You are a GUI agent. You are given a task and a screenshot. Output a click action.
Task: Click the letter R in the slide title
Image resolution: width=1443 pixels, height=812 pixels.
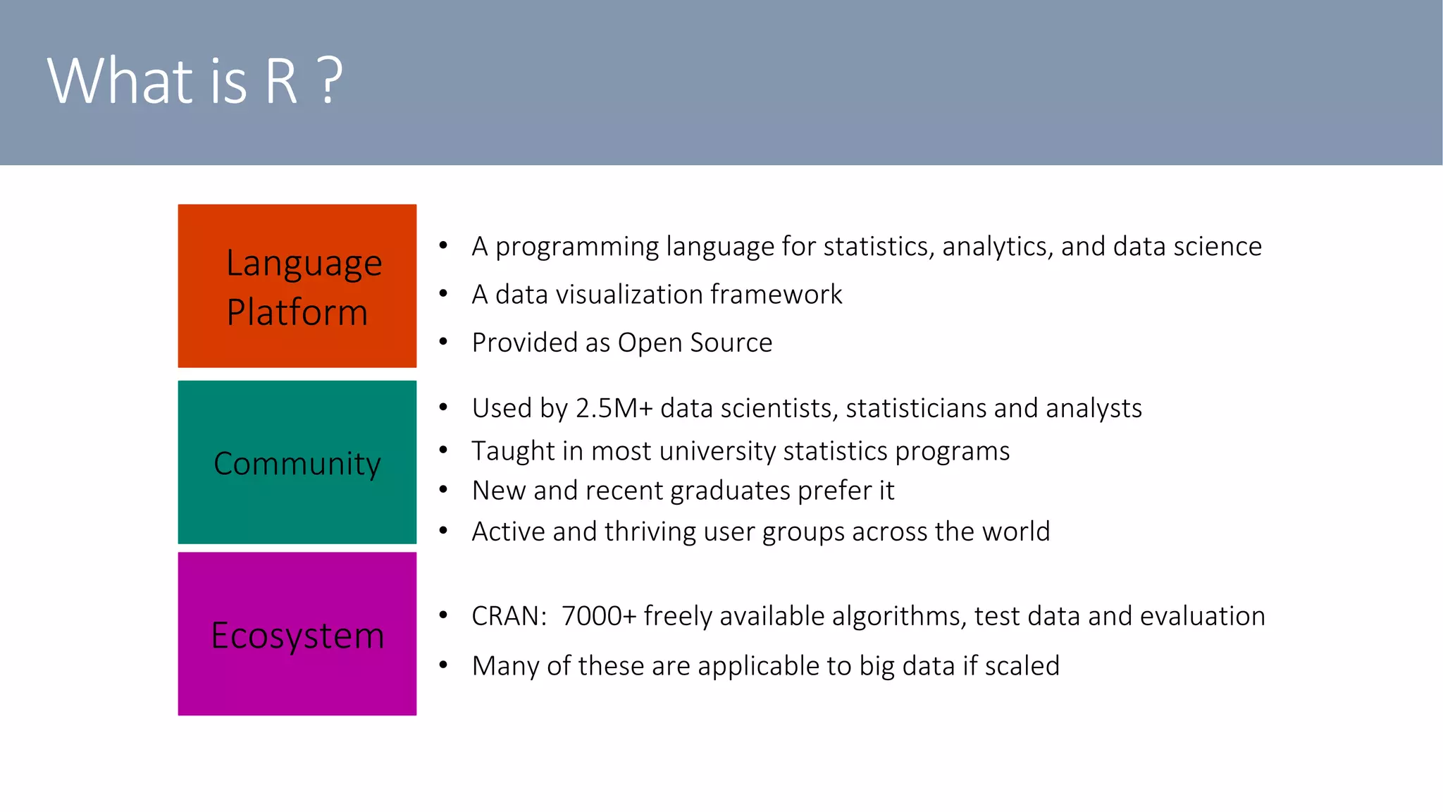click(x=280, y=82)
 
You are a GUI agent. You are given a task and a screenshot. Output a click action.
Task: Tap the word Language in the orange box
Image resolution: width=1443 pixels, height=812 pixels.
click(x=304, y=264)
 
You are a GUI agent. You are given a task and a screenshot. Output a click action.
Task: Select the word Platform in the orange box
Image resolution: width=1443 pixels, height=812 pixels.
click(x=297, y=312)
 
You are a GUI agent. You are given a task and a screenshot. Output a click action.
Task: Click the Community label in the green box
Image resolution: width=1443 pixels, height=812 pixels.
click(x=297, y=464)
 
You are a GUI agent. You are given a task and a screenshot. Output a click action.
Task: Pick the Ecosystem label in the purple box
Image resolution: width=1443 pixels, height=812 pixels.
click(x=297, y=636)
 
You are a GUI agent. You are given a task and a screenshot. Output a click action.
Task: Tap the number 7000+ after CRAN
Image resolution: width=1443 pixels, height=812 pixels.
click(x=598, y=616)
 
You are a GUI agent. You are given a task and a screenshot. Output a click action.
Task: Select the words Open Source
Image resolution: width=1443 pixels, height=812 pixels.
click(x=695, y=343)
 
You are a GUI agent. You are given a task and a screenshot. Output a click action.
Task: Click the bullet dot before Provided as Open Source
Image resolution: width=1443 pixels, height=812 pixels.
click(x=443, y=343)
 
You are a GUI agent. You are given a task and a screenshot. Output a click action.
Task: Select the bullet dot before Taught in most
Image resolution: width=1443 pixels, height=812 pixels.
click(x=443, y=450)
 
